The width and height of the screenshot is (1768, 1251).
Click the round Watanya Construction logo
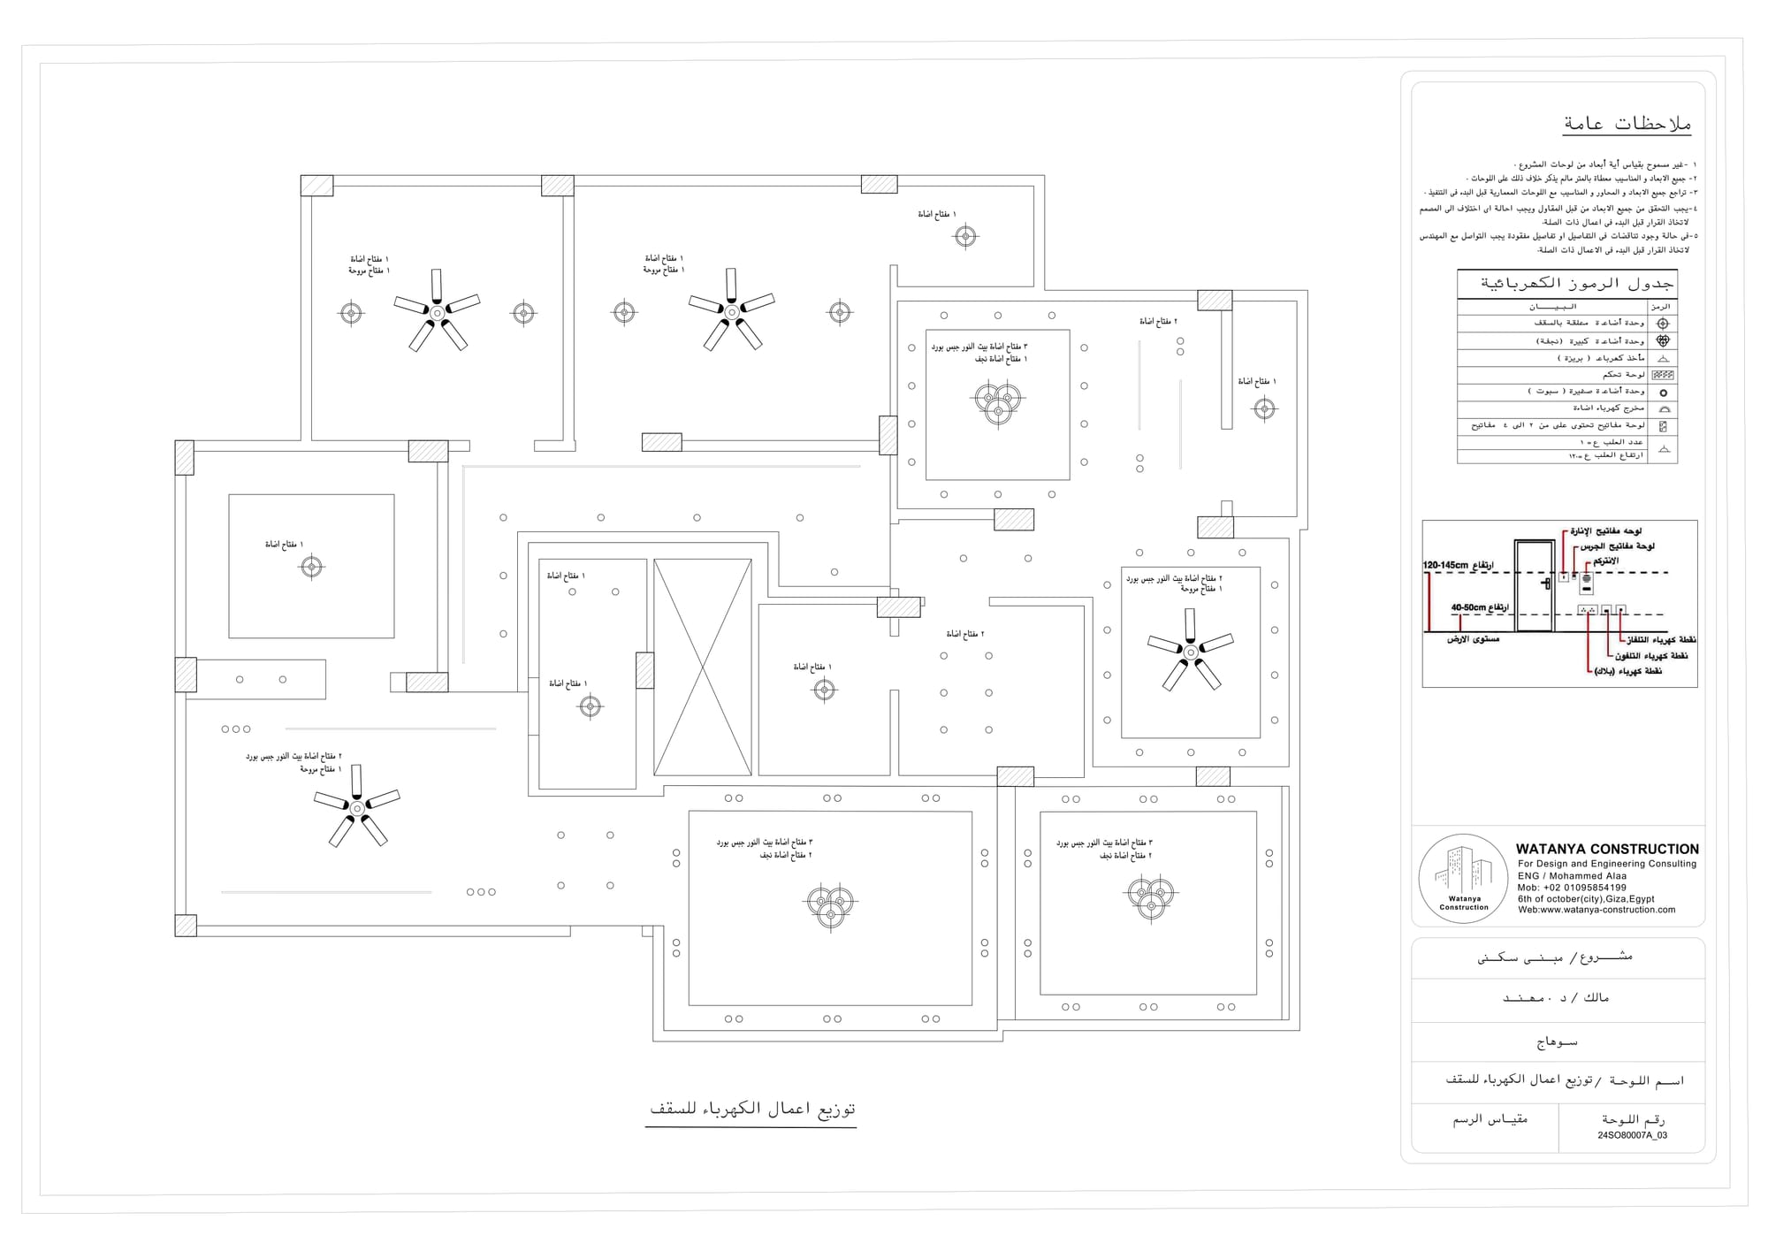[x=1463, y=878]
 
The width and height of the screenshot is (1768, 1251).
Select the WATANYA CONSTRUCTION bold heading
[x=1607, y=849]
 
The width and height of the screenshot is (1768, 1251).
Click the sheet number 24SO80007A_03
[x=1632, y=1135]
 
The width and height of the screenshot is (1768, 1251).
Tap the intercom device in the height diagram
[x=1587, y=582]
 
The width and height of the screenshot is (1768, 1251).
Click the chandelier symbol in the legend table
[x=1663, y=340]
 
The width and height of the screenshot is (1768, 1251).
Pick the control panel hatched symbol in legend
[x=1663, y=375]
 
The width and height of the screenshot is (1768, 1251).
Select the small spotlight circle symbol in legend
[x=1663, y=393]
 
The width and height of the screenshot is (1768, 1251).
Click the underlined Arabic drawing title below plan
[x=752, y=1109]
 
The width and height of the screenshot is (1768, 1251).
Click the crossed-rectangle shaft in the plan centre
[x=702, y=667]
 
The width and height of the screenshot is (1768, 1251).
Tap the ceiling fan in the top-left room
[x=437, y=312]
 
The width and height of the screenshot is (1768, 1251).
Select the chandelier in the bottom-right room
[x=1151, y=897]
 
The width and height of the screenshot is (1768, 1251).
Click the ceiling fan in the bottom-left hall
[x=356, y=807]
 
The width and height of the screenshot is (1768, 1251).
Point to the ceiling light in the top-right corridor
[x=965, y=236]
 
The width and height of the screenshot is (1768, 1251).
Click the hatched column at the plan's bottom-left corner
[x=186, y=926]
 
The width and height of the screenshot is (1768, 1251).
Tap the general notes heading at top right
[x=1627, y=124]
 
